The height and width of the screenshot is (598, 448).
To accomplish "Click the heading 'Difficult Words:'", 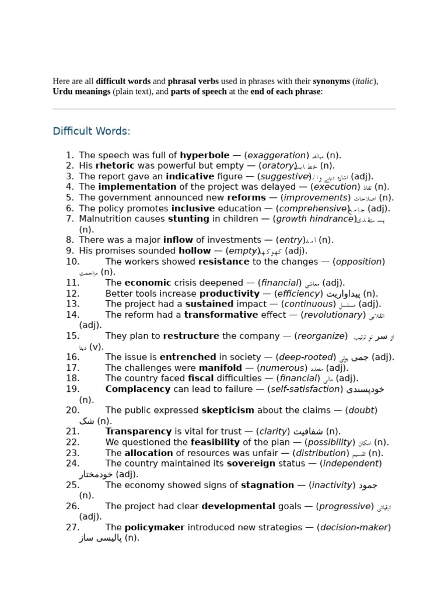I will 91,131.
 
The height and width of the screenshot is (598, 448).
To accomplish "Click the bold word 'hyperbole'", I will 204,155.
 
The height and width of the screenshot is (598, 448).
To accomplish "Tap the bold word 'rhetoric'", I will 115,166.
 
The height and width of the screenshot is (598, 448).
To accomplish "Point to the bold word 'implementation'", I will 137,187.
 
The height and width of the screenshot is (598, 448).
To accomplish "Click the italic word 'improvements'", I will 316,198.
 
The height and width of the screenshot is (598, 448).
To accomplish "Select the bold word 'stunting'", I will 188,219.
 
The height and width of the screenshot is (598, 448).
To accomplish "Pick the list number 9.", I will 69,251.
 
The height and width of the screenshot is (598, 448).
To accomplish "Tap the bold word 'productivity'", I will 229,294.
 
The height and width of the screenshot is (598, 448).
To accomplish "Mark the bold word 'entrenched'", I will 188,357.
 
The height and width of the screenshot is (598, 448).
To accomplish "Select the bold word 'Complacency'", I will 138,390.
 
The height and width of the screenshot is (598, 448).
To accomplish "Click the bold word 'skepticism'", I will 228,411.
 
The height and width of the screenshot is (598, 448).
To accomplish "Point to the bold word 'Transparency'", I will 138,432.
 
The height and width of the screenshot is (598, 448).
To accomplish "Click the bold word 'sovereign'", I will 251,464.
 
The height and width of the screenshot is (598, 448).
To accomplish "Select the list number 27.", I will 72,527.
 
